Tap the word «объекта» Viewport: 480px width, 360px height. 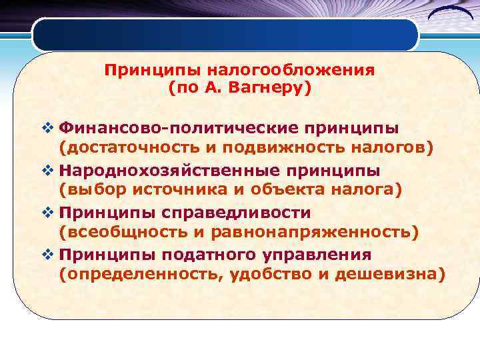tap(299, 191)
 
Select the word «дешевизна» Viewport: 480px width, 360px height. tap(383, 276)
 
